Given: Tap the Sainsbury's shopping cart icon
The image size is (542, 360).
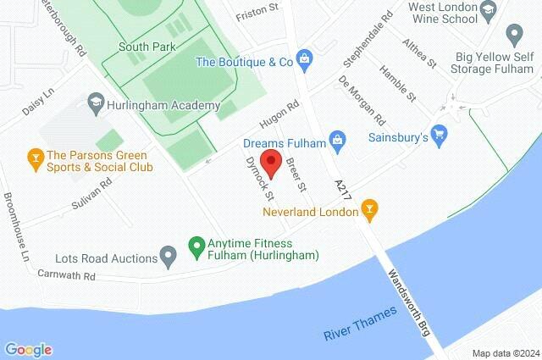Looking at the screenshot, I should pos(439,134).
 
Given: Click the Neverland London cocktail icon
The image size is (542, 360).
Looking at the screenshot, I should pos(369,208).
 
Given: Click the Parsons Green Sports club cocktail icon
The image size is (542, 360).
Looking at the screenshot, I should pos(35,156).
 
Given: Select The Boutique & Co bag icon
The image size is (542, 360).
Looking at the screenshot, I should pos(305,60).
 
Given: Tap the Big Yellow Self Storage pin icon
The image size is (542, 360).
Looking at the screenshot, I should pos(513,34).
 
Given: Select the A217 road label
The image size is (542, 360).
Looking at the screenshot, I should pos(340,193).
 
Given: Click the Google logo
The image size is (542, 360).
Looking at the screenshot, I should pos(28,349).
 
